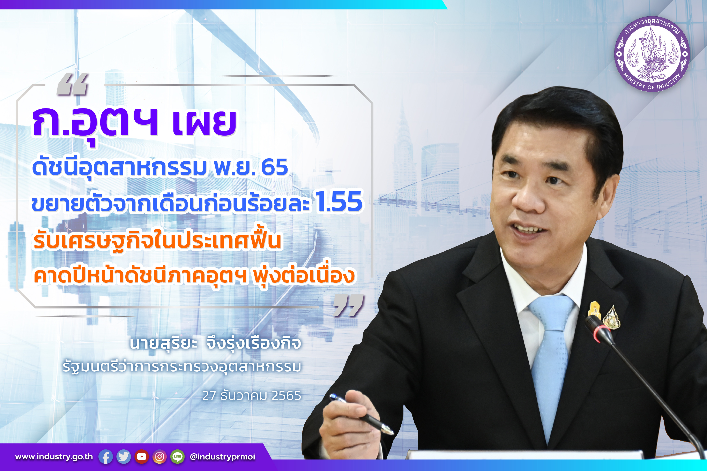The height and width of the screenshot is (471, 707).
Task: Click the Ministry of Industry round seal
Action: (x=652, y=54)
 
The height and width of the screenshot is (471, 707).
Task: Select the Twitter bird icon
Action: (x=124, y=457)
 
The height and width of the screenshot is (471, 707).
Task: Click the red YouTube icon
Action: (x=142, y=457)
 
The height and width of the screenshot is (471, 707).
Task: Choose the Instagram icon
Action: (x=159, y=457)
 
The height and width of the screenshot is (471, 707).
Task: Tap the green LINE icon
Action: (x=178, y=457)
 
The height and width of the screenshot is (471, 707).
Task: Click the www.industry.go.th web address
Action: (x=54, y=457)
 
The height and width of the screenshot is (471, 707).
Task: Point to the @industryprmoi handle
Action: (x=222, y=457)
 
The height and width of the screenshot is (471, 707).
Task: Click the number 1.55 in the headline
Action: (x=339, y=201)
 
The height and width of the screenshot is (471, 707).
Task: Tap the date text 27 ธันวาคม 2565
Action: (x=252, y=396)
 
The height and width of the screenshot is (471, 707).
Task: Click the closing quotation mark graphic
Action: (x=349, y=305)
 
